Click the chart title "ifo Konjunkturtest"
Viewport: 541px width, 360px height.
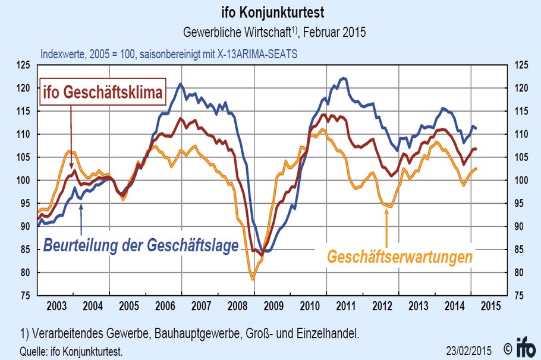point(271,11)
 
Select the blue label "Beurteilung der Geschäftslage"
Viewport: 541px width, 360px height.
point(141,245)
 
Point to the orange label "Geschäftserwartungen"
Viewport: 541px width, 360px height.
point(400,257)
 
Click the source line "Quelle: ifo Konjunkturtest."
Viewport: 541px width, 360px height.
point(71,351)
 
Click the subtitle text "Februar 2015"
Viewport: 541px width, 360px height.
point(336,31)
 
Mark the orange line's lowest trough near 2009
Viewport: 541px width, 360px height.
point(253,279)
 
